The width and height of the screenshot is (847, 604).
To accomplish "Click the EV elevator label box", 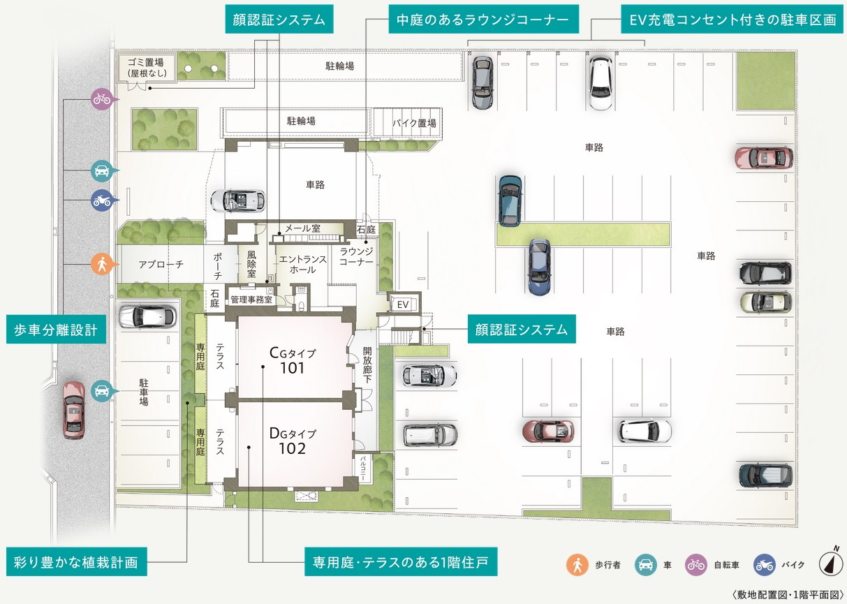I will click(403, 304).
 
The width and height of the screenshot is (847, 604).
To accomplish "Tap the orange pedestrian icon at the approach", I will click(102, 264).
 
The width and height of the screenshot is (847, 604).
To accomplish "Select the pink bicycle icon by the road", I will click(102, 99).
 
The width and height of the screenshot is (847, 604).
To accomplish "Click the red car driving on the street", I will click(73, 409).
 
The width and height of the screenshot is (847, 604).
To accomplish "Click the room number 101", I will click(292, 367).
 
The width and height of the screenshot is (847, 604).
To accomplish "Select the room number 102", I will click(292, 448).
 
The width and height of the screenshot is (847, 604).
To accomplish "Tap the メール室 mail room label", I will click(302, 228).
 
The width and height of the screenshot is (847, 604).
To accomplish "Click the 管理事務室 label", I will click(251, 300).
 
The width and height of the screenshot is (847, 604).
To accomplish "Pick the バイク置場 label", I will click(413, 123).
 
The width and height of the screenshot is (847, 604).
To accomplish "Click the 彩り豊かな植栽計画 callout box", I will click(76, 562).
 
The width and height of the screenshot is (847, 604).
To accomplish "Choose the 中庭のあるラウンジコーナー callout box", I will click(483, 20).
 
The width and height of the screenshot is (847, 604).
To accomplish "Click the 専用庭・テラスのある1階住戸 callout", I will click(401, 562).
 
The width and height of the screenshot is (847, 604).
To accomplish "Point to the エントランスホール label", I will click(302, 265).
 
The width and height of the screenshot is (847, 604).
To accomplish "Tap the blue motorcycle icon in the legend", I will click(765, 565).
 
